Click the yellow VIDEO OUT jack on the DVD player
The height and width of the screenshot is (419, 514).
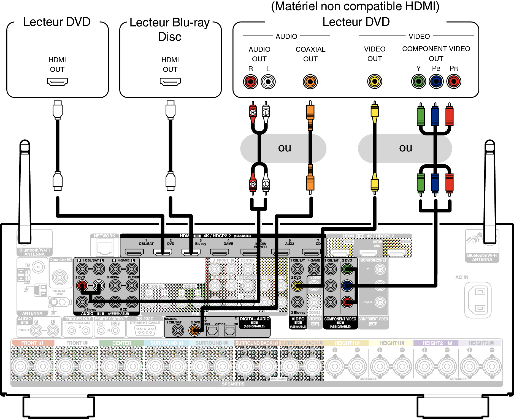(x=375, y=81)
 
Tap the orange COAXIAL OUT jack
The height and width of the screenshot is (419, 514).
(x=310, y=82)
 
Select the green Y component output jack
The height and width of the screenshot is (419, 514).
(x=418, y=81)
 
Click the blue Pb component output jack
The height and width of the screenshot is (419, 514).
(x=436, y=81)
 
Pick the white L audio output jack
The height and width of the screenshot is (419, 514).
(x=268, y=82)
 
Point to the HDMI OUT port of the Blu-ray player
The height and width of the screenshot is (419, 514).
(x=170, y=82)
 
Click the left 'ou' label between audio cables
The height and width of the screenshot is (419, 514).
(x=284, y=148)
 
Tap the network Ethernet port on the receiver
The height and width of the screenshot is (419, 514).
(x=105, y=247)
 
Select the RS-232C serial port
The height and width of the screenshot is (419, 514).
(x=145, y=330)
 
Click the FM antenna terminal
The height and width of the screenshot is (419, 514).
(x=38, y=267)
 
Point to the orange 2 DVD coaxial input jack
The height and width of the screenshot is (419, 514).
(x=195, y=330)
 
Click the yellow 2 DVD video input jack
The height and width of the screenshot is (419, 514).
(x=297, y=286)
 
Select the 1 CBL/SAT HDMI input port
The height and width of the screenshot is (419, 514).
(x=134, y=252)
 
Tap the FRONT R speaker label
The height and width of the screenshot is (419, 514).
(x=32, y=343)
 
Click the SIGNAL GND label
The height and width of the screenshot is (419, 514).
(x=59, y=292)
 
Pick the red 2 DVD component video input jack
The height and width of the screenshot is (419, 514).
(x=347, y=302)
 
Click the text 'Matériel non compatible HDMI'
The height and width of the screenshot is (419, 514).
(x=355, y=7)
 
